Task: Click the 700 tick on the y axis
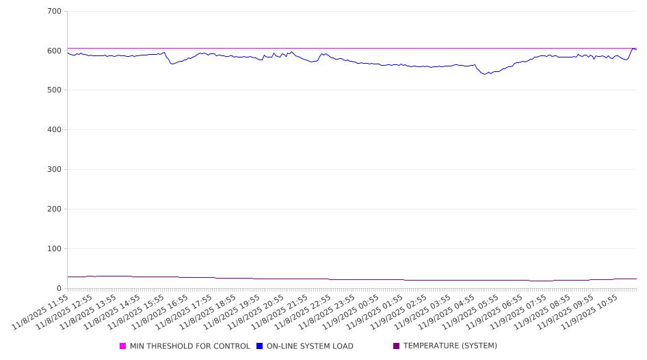click(55, 12)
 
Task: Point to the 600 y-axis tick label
click(55, 51)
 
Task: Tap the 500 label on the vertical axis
click(55, 90)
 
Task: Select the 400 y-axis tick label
click(55, 130)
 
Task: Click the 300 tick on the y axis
click(55, 170)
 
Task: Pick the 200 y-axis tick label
click(55, 209)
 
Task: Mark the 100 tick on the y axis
click(55, 249)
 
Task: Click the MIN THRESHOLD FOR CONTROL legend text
click(189, 346)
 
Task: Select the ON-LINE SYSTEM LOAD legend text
click(310, 346)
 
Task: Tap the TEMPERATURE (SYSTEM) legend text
click(450, 346)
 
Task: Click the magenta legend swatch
click(123, 346)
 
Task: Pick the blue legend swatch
click(260, 346)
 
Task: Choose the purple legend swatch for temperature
click(396, 346)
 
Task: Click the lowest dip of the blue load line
click(485, 74)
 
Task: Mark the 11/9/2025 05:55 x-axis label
click(477, 311)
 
